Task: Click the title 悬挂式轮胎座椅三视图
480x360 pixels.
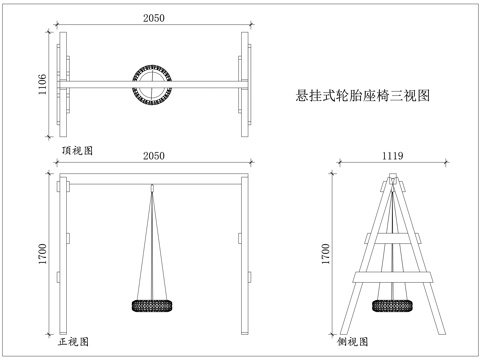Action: coord(363,97)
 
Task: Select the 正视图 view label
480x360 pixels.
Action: coord(76,341)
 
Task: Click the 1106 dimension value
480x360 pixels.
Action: coord(43,85)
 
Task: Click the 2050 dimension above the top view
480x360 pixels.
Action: coord(152,18)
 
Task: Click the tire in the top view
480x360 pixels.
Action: coord(153,83)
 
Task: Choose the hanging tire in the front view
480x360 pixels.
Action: coord(152,306)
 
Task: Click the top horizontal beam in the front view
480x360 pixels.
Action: coord(152,180)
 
